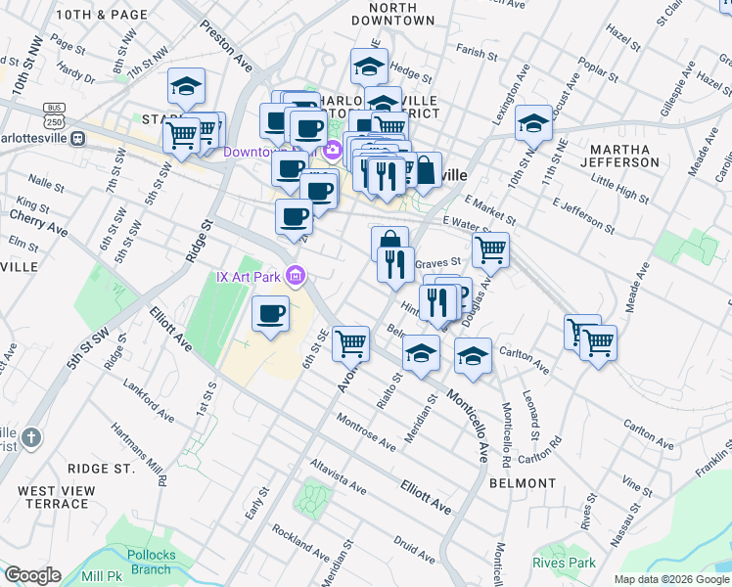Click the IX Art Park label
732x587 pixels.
pyautogui.click(x=249, y=277)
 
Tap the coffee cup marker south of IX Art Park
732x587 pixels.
pyautogui.click(x=271, y=315)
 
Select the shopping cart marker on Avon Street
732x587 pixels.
pyautogui.click(x=350, y=343)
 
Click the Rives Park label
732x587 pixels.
pyautogui.click(x=565, y=563)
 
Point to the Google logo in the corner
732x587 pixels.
pyautogui.click(x=32, y=574)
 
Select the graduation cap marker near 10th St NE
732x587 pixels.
pyautogui.click(x=533, y=123)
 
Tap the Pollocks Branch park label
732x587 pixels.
pyautogui.click(x=151, y=562)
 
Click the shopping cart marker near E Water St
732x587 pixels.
pyautogui.click(x=490, y=248)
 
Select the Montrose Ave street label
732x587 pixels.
pyautogui.click(x=365, y=431)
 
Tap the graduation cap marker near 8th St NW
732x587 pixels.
pyautogui.click(x=186, y=86)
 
